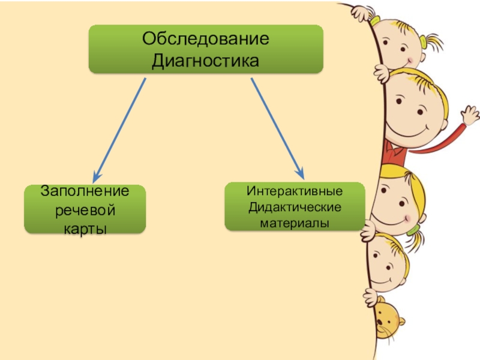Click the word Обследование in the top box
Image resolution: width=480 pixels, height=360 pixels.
tap(205, 40)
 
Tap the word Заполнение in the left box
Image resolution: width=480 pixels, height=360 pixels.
tap(85, 192)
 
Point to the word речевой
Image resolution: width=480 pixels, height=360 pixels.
tap(85, 211)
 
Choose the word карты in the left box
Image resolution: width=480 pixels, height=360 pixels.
tap(85, 229)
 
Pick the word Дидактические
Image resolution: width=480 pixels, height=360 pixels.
tap(294, 207)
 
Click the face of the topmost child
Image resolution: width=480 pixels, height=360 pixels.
tap(399, 48)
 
